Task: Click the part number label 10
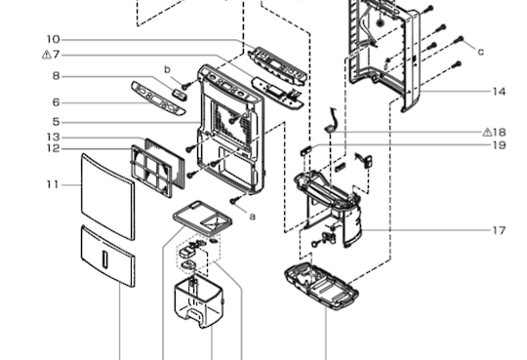[53, 40]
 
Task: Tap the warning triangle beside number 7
[47, 55]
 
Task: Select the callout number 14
[499, 92]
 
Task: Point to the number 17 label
[499, 230]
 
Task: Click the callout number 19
[499, 145]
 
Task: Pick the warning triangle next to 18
[487, 132]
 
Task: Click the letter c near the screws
[481, 52]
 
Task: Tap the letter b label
[167, 69]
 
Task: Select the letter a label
[252, 217]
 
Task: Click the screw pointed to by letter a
[234, 201]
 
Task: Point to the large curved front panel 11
[108, 196]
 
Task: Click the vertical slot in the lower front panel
[105, 260]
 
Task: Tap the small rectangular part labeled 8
[180, 93]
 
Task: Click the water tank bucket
[198, 300]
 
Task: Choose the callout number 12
[53, 148]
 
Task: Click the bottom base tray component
[322, 287]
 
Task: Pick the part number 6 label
[57, 102]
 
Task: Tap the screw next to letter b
[185, 86]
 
